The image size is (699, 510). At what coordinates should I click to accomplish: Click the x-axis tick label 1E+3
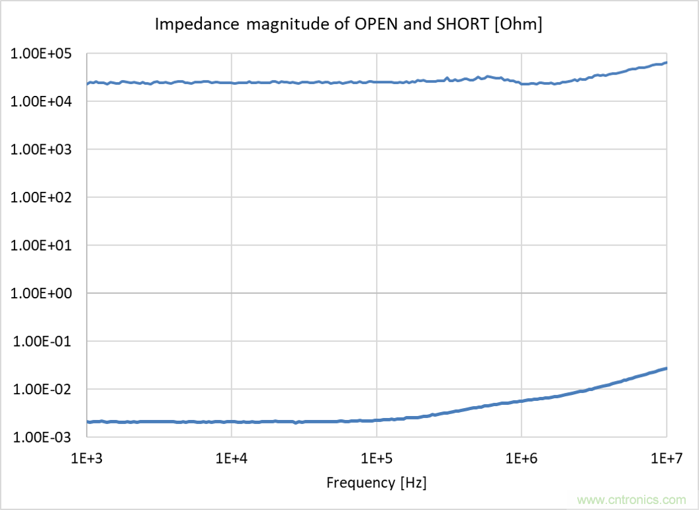point(87,458)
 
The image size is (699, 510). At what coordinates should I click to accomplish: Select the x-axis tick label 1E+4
point(232,458)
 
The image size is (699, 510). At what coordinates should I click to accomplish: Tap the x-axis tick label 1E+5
point(376,458)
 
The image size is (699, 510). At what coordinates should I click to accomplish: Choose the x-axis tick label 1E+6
point(521,458)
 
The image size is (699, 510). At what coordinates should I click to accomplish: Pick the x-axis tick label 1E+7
point(665,458)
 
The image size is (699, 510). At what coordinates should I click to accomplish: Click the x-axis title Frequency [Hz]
point(377,483)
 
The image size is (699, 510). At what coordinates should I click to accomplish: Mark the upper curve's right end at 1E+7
point(666,62)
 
